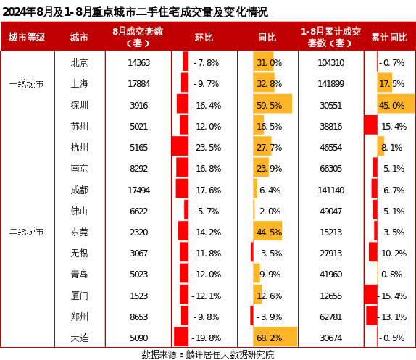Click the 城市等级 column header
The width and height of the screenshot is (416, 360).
[27, 37]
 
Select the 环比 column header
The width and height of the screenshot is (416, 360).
[204, 37]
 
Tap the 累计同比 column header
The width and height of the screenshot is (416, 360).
[389, 37]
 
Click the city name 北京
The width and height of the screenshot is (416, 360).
[79, 63]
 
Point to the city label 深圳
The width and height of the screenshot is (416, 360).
[79, 105]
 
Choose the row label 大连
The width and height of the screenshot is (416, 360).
[79, 338]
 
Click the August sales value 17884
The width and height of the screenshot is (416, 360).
[138, 84]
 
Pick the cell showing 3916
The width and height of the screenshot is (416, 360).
[138, 106]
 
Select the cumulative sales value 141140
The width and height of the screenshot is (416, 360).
[330, 190]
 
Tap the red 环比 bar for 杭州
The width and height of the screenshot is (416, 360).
[180, 146]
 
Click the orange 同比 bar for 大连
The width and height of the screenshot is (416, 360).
[275, 336]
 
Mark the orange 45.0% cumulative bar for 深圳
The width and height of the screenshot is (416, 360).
[396, 104]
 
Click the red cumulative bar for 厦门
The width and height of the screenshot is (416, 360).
[370, 294]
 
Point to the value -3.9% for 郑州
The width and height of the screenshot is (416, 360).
[269, 317]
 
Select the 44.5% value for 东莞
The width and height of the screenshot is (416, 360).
[269, 233]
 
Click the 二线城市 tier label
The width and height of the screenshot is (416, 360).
[26, 232]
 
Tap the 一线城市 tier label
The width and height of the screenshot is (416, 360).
[26, 84]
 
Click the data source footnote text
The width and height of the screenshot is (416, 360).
[208, 354]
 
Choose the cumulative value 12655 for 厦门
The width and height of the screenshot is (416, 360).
[330, 296]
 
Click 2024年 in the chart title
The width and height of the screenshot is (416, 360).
[19, 12]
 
